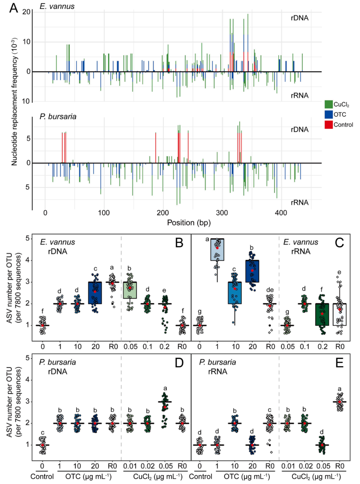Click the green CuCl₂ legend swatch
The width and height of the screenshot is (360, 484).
coord(329,104)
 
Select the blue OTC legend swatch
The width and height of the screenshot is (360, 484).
coord(329,115)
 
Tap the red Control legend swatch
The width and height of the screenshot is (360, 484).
coord(329,125)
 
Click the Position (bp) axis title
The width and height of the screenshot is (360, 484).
coord(189,223)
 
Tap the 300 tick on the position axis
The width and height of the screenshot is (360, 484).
coord(222,213)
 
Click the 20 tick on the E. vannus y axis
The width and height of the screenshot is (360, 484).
coord(26,12)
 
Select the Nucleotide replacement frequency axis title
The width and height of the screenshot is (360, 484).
coord(14,102)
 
